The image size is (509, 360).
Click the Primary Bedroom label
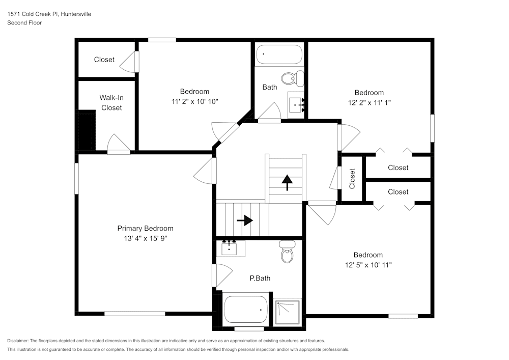(145, 229)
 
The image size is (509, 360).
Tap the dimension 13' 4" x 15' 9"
(145, 238)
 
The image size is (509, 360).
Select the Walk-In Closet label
(111, 102)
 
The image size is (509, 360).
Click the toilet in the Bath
(292, 78)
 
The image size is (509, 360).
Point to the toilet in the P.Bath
(288, 253)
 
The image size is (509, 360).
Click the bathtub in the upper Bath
(279, 54)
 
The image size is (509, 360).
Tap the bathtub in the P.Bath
(246, 309)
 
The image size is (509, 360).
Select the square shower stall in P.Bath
(288, 312)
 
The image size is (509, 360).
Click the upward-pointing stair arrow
(287, 182)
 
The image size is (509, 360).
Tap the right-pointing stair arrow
(245, 220)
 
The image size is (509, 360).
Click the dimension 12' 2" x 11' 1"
(369, 102)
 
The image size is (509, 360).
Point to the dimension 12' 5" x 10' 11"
(368, 265)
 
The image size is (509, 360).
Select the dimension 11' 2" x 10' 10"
(194, 101)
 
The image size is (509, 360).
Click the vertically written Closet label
(352, 179)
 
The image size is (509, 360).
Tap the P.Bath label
(260, 278)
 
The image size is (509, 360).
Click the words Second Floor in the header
(24, 23)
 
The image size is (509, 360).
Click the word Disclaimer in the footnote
(18, 341)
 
